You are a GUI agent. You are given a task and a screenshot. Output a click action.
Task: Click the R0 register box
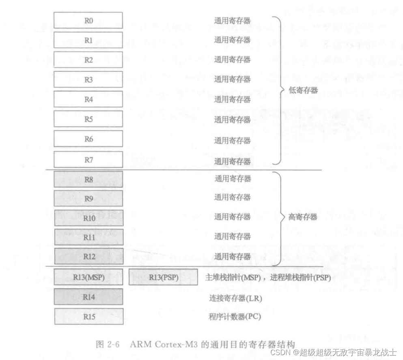(x=88, y=20)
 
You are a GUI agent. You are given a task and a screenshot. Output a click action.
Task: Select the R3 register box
(x=88, y=79)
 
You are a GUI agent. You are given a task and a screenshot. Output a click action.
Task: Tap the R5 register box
(x=88, y=119)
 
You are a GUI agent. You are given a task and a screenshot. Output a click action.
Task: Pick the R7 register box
(x=88, y=159)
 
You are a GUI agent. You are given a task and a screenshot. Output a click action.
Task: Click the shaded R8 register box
(x=88, y=179)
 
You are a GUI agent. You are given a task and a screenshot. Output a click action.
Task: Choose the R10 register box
(x=88, y=218)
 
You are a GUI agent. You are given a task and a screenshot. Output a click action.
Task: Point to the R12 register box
(x=88, y=256)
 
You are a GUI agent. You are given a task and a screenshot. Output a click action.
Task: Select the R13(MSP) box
(x=88, y=277)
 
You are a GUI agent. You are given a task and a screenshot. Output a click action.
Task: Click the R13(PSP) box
(x=163, y=277)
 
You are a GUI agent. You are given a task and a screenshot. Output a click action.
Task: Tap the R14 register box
(x=88, y=297)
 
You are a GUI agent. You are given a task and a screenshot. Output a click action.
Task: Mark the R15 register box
(x=88, y=317)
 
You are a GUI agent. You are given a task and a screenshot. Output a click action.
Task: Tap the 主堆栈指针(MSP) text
(x=235, y=278)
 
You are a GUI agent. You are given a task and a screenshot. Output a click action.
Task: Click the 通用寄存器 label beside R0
(x=232, y=20)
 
